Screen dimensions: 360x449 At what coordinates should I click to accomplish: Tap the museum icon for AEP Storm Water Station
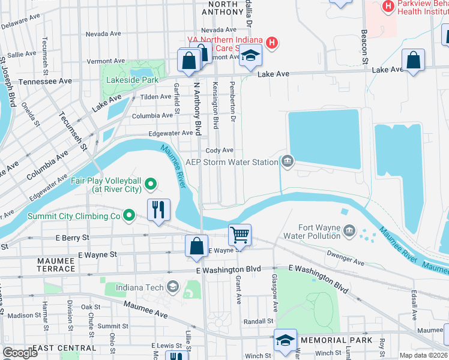288,161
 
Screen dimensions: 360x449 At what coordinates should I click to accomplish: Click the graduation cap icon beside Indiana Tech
173,287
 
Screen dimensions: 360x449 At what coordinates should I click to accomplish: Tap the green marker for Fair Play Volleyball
151,184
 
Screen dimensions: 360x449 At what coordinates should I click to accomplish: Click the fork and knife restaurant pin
159,209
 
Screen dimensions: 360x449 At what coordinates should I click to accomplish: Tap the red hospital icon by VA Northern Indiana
272,43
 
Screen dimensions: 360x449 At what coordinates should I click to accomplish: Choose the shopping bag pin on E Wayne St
196,246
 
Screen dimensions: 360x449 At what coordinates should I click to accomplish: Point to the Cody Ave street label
219,151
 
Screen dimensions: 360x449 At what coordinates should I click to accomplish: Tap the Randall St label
259,322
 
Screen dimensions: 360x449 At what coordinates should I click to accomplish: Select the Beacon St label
364,47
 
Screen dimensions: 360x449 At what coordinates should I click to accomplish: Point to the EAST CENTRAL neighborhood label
64,348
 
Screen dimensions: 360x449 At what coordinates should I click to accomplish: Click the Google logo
20,353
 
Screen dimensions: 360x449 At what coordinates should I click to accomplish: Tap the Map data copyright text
424,355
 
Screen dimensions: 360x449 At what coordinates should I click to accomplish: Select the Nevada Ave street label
219,30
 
